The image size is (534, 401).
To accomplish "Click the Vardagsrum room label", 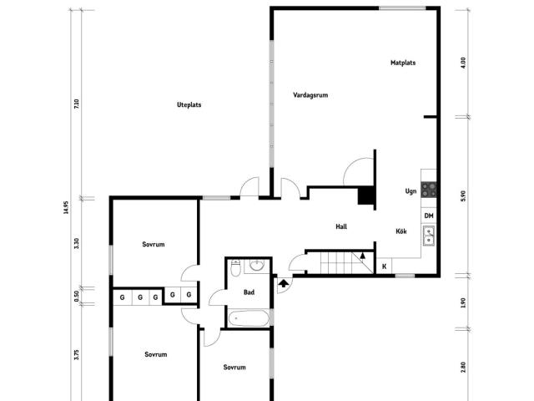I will (x=310, y=95).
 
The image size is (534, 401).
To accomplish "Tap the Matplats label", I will (x=403, y=63).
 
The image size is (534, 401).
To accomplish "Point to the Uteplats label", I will (x=189, y=104).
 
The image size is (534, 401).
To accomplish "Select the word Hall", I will (x=341, y=226).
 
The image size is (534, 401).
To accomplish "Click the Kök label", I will (x=401, y=231).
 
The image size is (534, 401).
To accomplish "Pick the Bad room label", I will (x=249, y=292).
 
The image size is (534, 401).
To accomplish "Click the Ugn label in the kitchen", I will (x=411, y=191).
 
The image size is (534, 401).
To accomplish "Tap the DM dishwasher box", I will (x=429, y=216).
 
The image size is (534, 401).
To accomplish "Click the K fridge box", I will (x=384, y=266).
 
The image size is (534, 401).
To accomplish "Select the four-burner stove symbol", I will (x=429, y=190).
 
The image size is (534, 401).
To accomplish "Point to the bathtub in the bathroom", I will (x=249, y=318).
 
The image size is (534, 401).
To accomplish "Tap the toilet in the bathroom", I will (x=235, y=269).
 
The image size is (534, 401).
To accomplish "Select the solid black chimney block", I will (x=365, y=195).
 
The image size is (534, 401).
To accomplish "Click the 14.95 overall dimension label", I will (x=65, y=206).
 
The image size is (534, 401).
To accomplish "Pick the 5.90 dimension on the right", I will (x=463, y=195).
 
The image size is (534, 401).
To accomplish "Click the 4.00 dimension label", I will (x=463, y=61).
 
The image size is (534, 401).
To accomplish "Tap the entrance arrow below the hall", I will (x=284, y=284).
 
